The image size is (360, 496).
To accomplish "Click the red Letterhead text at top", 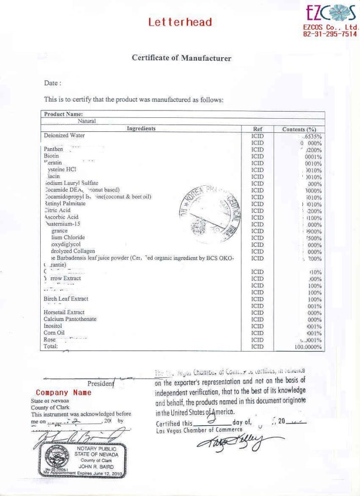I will (180, 22).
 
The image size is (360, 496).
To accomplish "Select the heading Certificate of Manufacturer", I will (181, 58).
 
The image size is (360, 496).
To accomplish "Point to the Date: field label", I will (53, 83).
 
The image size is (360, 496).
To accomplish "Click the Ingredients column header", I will (141, 129).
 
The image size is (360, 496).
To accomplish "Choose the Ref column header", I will (257, 129).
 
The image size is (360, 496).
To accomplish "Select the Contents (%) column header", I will (299, 129).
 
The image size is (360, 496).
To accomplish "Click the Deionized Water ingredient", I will (64, 136).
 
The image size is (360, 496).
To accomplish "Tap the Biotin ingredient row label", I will (51, 156).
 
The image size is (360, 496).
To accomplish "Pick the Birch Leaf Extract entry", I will (66, 299).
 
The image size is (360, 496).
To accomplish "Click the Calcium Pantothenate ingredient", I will (70, 319).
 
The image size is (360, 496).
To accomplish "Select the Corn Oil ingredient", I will (54, 333).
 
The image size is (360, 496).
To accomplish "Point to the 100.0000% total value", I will (308, 347).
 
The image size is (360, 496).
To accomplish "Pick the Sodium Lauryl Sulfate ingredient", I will (71, 183).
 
